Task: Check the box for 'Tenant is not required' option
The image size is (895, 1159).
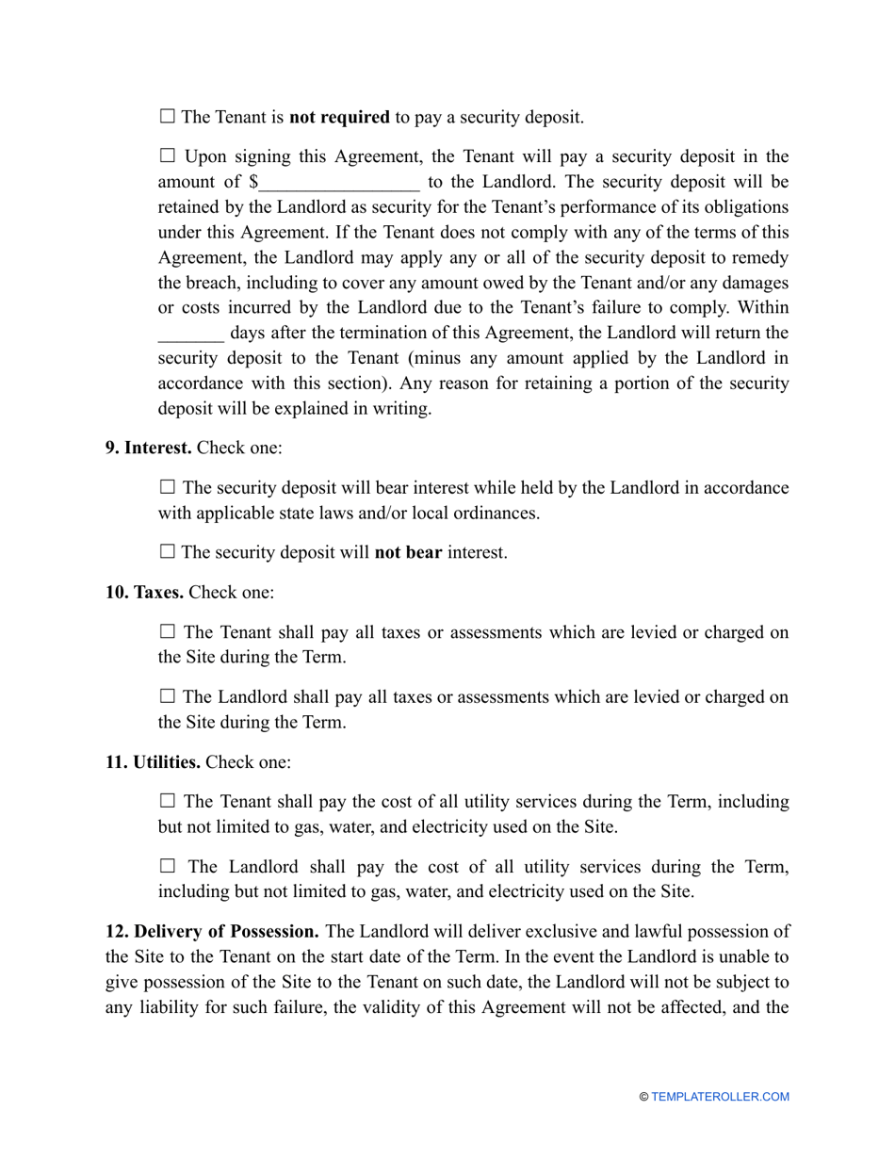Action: [167, 117]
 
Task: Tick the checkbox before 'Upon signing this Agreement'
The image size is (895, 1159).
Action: [167, 155]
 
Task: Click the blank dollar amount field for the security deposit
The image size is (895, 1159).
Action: [339, 183]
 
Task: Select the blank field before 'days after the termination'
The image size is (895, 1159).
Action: [190, 334]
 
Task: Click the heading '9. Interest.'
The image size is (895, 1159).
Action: [148, 448]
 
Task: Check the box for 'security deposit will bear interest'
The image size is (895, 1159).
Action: [167, 487]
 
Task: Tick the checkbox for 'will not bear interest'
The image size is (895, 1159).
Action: [167, 552]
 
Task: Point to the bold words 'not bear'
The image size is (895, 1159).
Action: [408, 553]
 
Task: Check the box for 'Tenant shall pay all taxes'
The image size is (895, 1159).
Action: [167, 631]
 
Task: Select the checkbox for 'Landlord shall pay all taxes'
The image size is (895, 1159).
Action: [167, 697]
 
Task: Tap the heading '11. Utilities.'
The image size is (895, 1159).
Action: [153, 761]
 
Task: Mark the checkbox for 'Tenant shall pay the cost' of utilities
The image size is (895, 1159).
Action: [167, 801]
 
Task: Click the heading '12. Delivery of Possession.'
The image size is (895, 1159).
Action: [212, 932]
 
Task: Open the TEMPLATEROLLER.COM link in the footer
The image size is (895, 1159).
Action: [720, 1097]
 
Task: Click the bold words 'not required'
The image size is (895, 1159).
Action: [339, 118]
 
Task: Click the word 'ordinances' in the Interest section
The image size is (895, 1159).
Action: [498, 514]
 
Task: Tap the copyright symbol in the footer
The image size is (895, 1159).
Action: [643, 1097]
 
